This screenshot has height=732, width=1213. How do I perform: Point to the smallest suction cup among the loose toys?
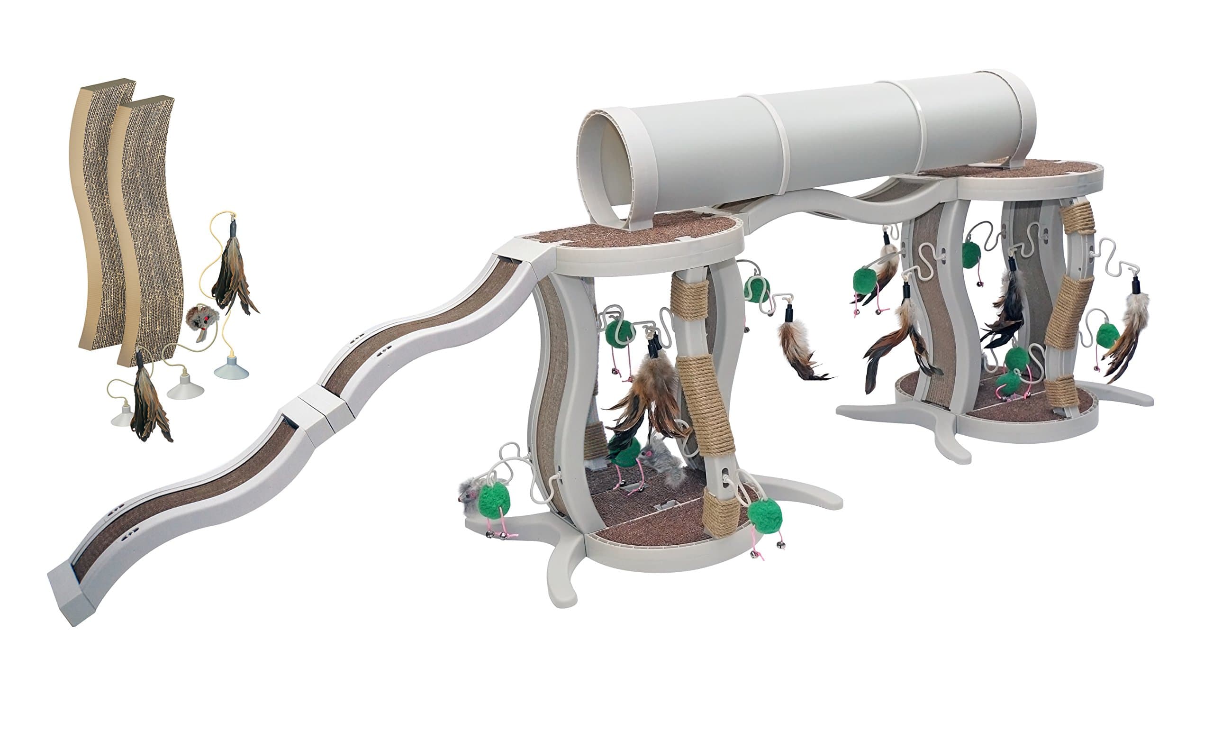tap(122, 417)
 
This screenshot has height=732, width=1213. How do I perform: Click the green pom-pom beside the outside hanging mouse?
tap(494, 500)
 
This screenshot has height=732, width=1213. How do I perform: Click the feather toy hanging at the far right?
tap(1132, 330)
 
